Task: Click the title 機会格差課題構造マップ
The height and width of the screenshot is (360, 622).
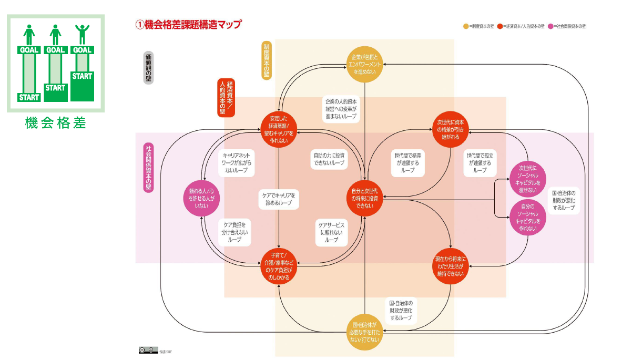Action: click(x=189, y=24)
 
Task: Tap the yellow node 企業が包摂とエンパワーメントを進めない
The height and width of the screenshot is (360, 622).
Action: click(x=365, y=64)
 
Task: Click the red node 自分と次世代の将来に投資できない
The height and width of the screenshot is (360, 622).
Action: click(x=365, y=198)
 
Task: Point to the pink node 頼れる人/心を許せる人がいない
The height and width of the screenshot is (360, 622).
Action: click(x=200, y=198)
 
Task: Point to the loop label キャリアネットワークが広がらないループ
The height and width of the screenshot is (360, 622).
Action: click(x=236, y=163)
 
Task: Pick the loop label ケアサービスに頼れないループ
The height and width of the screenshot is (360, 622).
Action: click(x=331, y=232)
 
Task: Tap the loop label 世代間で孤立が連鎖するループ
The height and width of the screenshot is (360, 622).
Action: click(x=480, y=163)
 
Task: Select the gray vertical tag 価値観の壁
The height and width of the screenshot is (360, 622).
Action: click(x=148, y=68)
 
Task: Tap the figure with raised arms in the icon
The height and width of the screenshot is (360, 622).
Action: click(x=82, y=35)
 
